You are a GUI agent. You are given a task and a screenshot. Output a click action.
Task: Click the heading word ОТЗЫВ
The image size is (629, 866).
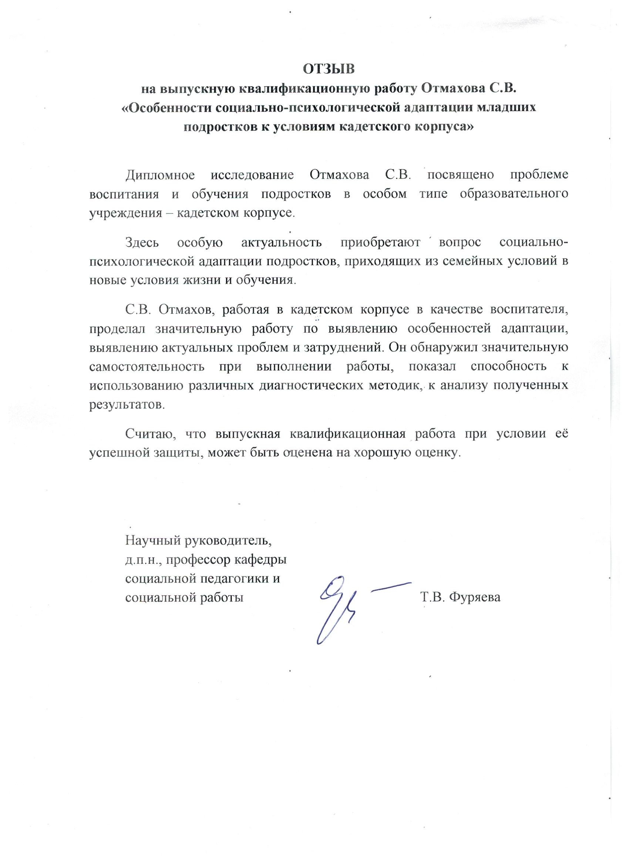[329, 70]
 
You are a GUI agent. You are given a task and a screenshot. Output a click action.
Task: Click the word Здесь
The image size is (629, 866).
[143, 243]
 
